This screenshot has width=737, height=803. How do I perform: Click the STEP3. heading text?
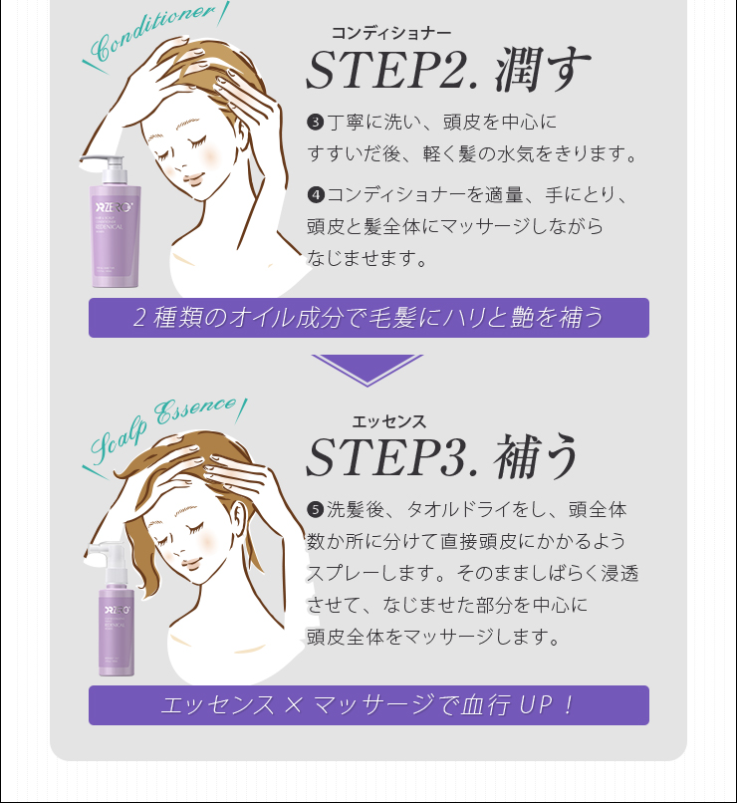pyautogui.click(x=373, y=457)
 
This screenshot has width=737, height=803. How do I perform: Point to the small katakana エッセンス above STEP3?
pyautogui.click(x=389, y=421)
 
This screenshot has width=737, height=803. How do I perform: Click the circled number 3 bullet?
pyautogui.click(x=316, y=124)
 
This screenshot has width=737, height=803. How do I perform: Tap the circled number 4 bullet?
pyautogui.click(x=316, y=193)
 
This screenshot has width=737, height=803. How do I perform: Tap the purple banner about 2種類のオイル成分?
pyautogui.click(x=368, y=318)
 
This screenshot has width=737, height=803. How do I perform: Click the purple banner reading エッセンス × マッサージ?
pyautogui.click(x=368, y=705)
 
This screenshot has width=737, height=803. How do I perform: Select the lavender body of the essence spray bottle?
pyautogui.click(x=117, y=628)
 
